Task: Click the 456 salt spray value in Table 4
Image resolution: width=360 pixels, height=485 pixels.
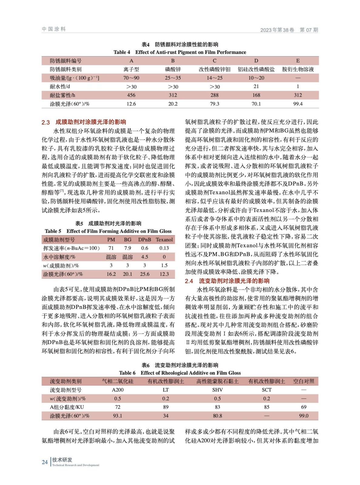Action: (131, 95)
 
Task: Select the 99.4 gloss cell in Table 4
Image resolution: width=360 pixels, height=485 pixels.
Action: (298, 104)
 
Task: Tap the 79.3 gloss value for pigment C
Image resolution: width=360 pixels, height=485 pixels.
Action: (214, 104)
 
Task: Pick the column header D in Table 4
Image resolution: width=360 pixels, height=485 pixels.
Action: (256, 61)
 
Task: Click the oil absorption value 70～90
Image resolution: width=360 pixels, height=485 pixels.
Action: (131, 78)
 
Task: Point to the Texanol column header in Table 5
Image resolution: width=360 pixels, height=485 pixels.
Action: (164, 240)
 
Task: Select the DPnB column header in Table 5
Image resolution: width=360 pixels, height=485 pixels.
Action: (145, 240)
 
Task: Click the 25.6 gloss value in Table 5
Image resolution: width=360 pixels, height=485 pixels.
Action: (145, 274)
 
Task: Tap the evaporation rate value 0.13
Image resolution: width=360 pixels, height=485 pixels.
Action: (164, 248)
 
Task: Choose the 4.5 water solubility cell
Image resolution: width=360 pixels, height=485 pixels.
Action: (145, 257)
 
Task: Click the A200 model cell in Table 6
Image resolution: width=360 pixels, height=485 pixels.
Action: (118, 390)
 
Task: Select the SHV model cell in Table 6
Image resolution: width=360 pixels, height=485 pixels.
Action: (217, 390)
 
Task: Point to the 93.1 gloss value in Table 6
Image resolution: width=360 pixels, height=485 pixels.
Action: (118, 416)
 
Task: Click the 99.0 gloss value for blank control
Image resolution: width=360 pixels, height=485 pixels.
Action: (304, 416)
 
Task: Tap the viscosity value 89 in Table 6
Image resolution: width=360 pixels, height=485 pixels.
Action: (166, 407)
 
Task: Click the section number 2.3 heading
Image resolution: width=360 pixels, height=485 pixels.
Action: (45, 122)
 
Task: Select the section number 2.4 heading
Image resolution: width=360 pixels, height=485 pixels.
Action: (189, 281)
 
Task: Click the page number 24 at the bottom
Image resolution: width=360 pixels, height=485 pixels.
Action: (45, 462)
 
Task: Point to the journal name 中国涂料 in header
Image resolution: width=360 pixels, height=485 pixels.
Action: (54, 29)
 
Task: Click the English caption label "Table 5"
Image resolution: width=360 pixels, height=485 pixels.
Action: (53, 231)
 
